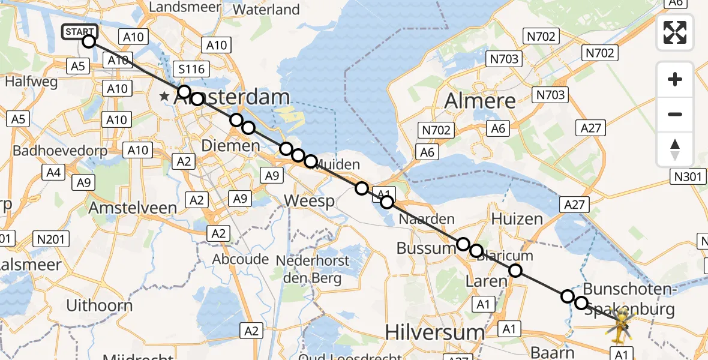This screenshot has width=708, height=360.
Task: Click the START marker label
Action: click(x=79, y=31)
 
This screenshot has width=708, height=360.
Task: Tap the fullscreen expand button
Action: click(x=675, y=32)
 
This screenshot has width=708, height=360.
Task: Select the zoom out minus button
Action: click(x=675, y=114)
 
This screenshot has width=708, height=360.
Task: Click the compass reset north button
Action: click(x=675, y=149)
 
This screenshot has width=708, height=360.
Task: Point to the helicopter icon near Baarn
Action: click(x=620, y=327)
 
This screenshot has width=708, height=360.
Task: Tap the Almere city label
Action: click(x=480, y=100)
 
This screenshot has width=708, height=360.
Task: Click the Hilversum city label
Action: click(x=434, y=332)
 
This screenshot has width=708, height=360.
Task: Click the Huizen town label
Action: click(x=518, y=218)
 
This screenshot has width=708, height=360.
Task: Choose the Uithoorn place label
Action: click(x=100, y=305)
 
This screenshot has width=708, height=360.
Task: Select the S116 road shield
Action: click(x=192, y=69)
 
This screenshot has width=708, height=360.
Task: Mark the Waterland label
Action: click(x=266, y=10)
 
